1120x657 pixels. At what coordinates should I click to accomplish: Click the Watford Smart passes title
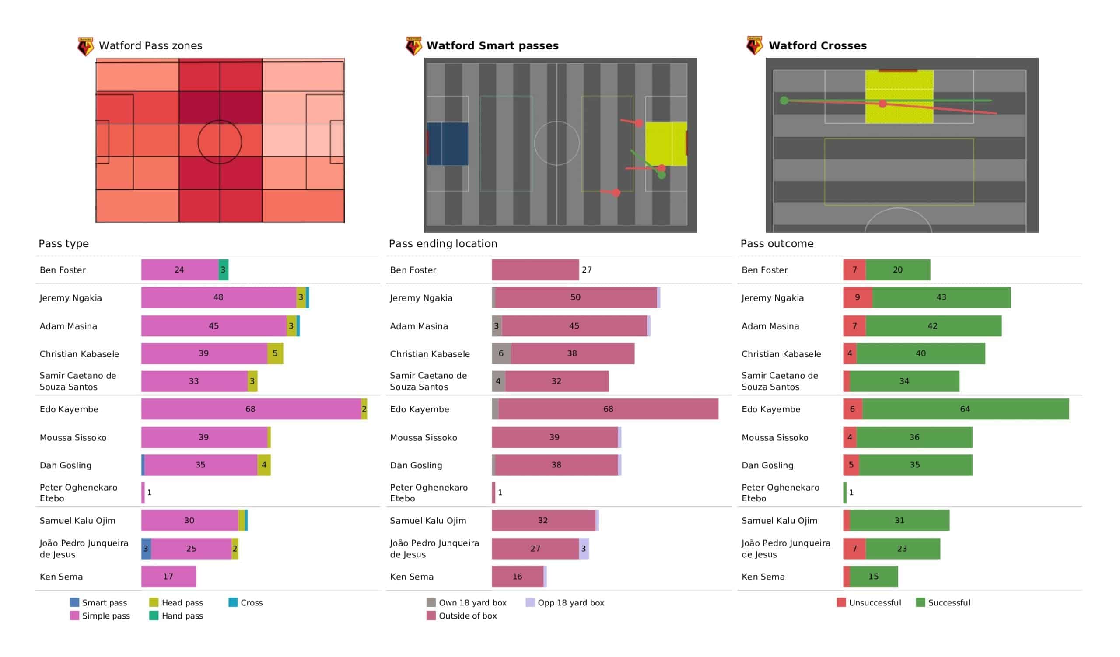coord(492,46)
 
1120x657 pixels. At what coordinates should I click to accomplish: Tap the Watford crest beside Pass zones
coord(85,46)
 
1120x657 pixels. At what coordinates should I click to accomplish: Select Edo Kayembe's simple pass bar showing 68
coord(251,409)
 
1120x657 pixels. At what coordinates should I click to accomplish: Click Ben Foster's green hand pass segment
coord(224,270)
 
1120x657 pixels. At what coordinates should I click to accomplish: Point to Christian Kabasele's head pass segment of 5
coord(275,354)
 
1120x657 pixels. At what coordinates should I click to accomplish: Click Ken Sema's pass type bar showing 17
coord(168,577)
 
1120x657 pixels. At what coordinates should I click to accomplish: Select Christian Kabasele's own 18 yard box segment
coord(501,354)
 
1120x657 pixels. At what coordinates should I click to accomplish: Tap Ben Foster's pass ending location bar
coord(535,270)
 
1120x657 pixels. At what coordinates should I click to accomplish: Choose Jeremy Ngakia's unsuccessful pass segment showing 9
coord(858,297)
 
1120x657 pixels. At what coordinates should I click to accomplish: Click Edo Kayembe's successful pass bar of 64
coord(965,409)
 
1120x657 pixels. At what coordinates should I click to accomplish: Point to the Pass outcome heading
coord(777,244)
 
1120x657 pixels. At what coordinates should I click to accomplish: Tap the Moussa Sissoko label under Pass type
coord(73,438)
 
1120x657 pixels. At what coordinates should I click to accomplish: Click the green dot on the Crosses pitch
coord(784,101)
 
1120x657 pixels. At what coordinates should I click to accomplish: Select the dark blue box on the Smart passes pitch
coord(448,144)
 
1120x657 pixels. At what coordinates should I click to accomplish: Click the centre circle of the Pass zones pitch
coord(220,142)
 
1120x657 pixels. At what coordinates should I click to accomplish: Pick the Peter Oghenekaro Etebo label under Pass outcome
coord(780,493)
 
